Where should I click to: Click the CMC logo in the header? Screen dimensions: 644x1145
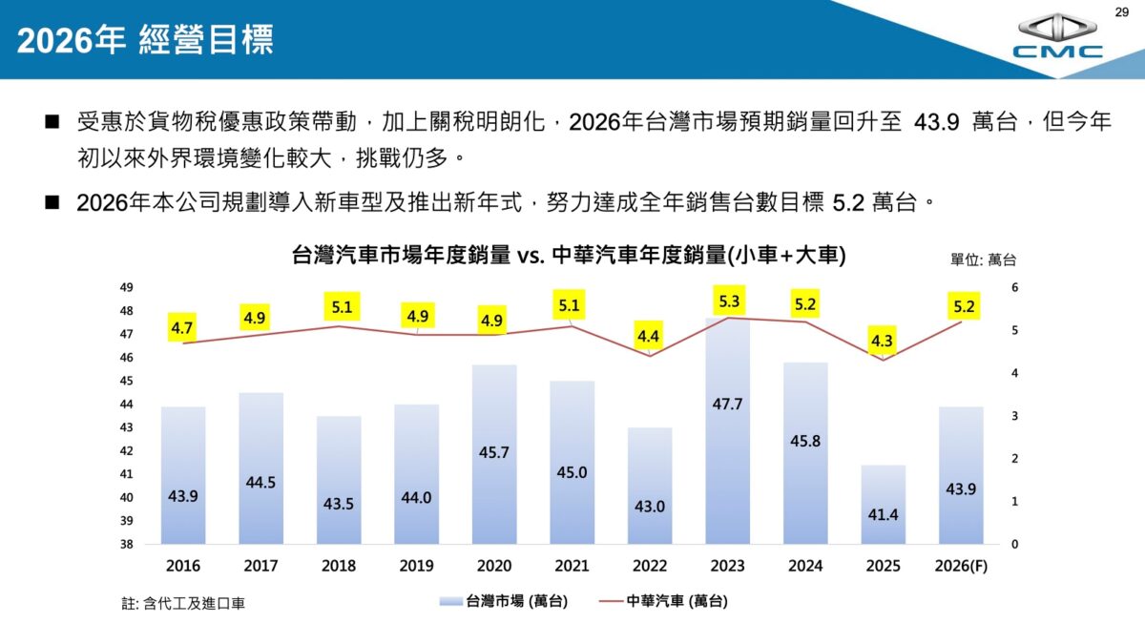[x=1057, y=38]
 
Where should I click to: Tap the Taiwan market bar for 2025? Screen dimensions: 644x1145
[x=883, y=506]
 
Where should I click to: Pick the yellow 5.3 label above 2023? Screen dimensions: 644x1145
[x=730, y=301]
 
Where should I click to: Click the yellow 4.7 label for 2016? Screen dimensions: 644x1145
[x=182, y=328]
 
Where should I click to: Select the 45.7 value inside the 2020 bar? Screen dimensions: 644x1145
[x=494, y=451]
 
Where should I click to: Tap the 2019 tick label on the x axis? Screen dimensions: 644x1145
[x=416, y=566]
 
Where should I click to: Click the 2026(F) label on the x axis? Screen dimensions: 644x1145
[x=961, y=566]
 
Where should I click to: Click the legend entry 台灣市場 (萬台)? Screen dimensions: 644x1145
[x=504, y=601]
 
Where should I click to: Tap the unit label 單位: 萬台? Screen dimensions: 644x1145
[x=983, y=259]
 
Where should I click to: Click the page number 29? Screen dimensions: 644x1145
[x=1121, y=10]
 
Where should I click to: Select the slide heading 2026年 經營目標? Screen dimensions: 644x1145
[x=145, y=40]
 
